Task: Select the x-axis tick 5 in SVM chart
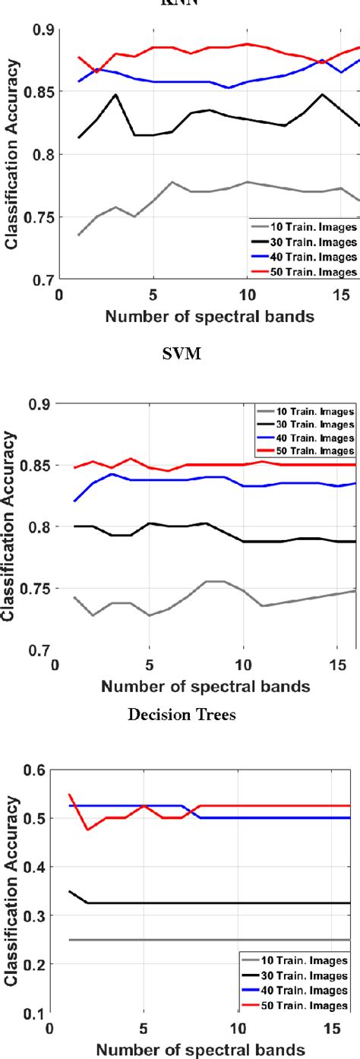(149, 665)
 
